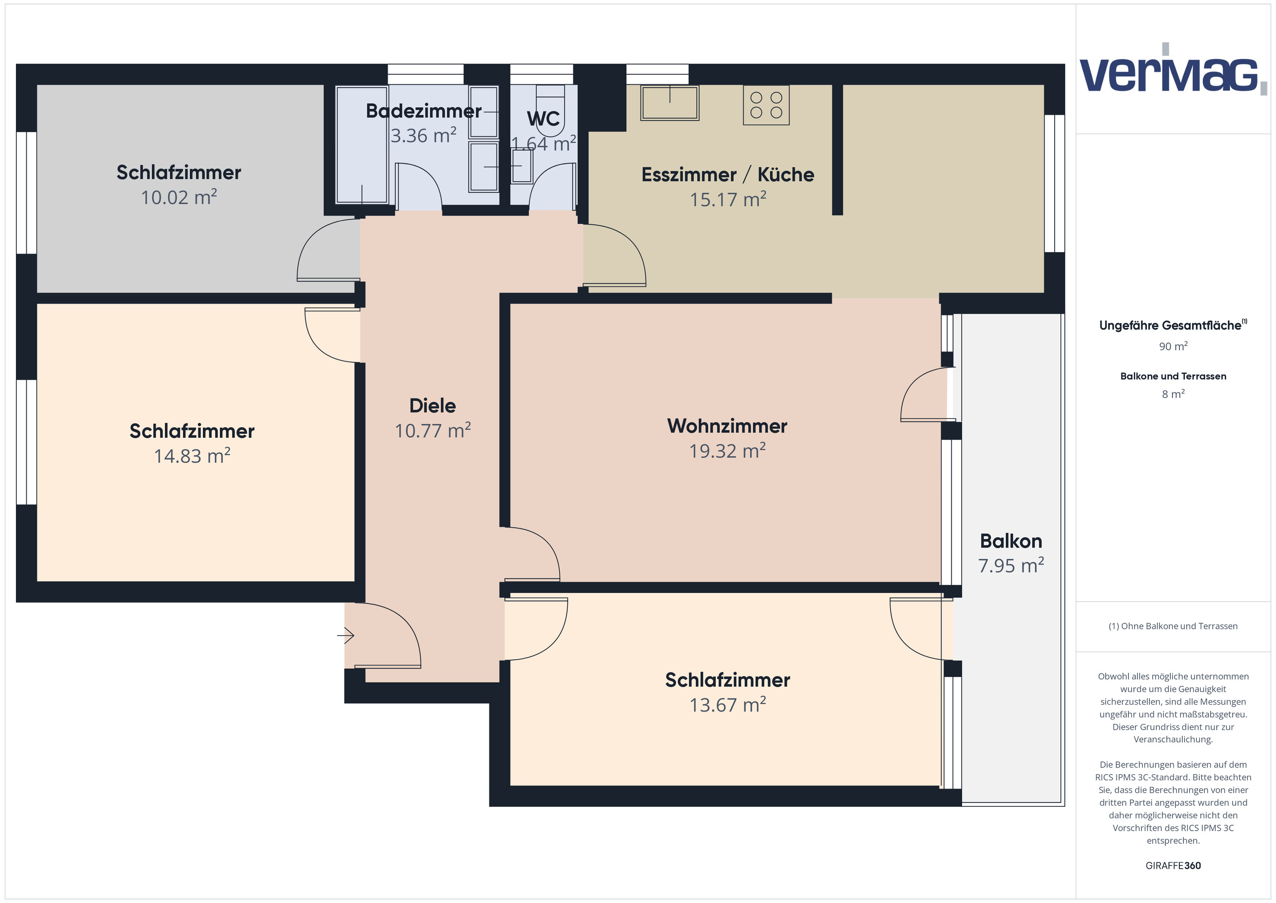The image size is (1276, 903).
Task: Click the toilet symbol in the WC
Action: click(x=550, y=100)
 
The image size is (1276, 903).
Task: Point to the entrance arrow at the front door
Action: click(x=346, y=635)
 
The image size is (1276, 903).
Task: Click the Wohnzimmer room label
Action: click(x=727, y=426)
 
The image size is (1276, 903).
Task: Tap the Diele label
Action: click(x=432, y=406)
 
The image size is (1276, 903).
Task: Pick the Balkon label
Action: click(x=1010, y=542)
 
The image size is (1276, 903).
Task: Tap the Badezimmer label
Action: click(x=423, y=111)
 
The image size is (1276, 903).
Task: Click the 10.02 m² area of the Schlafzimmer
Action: click(x=178, y=198)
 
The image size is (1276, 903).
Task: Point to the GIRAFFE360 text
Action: click(x=1173, y=866)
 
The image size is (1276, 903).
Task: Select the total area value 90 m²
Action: click(x=1173, y=347)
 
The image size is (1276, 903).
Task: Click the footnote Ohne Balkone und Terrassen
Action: click(x=1173, y=626)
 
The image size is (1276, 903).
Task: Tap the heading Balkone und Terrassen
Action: click(x=1173, y=376)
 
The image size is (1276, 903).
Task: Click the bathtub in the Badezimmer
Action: click(x=362, y=145)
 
